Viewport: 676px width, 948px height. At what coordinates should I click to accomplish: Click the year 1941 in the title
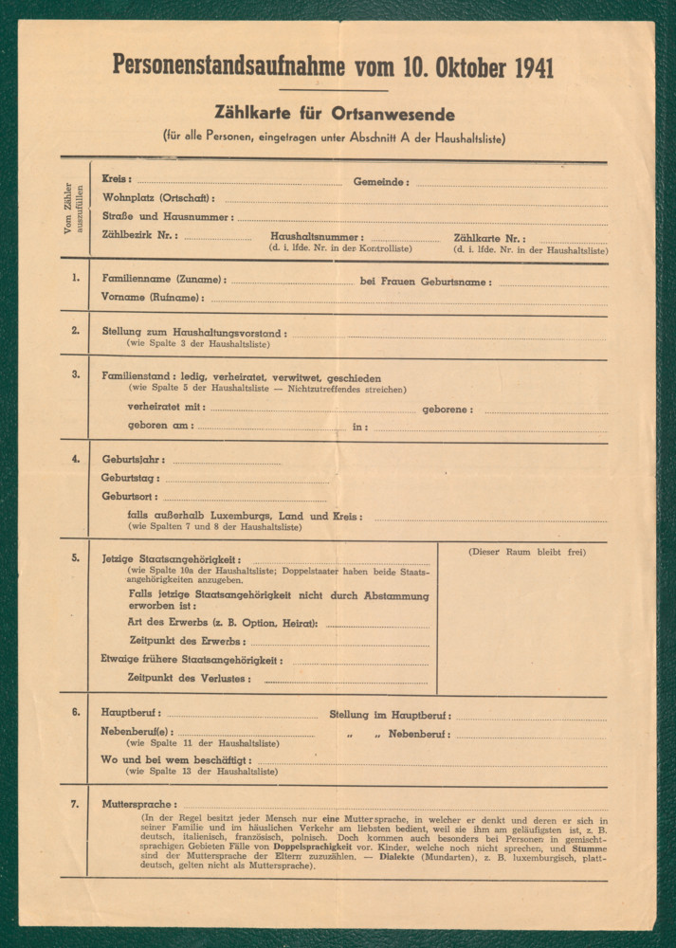pos(523,68)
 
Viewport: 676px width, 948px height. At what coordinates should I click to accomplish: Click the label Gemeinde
pos(381,181)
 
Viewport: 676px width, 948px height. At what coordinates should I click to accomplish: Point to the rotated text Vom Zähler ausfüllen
pos(74,209)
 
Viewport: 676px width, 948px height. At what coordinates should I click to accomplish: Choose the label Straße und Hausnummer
pos(167,217)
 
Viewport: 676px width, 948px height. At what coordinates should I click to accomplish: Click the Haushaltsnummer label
pos(316,237)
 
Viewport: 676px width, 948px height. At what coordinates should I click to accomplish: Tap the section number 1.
pos(75,279)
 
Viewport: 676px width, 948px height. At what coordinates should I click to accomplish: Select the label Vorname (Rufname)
pos(152,298)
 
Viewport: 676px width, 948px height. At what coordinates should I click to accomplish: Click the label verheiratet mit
pos(166,408)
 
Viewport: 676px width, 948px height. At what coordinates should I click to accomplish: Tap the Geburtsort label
pos(130,496)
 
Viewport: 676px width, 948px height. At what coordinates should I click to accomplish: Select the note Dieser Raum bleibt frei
pos(526,552)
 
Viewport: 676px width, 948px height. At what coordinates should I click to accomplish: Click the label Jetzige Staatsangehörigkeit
pos(172,559)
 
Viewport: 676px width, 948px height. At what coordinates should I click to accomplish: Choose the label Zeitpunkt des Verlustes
pos(190,678)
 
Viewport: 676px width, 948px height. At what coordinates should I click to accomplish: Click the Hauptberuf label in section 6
pos(131,713)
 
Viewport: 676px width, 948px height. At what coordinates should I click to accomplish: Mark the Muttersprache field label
pos(138,805)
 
